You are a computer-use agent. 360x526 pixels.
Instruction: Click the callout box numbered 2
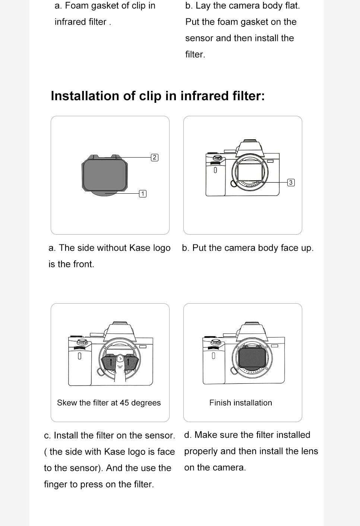click(x=154, y=157)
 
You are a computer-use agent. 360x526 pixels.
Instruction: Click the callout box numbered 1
click(x=143, y=194)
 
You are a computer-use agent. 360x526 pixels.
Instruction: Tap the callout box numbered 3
click(x=291, y=183)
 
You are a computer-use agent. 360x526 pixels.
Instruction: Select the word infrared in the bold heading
click(x=204, y=96)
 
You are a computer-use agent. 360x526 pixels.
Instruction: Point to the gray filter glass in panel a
click(x=105, y=175)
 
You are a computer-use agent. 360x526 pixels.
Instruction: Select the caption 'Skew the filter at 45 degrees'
click(x=109, y=403)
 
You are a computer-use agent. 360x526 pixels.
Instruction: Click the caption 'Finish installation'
click(x=241, y=403)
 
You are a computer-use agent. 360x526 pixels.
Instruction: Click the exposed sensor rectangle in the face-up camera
click(x=250, y=172)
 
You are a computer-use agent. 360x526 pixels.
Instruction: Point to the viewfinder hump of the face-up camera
click(x=250, y=148)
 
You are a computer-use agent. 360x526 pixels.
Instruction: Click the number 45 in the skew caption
click(x=124, y=403)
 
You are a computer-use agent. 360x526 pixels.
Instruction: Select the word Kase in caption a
click(x=140, y=248)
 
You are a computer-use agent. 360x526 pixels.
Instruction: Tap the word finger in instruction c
click(x=56, y=484)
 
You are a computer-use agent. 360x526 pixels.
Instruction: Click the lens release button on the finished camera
click(x=234, y=371)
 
